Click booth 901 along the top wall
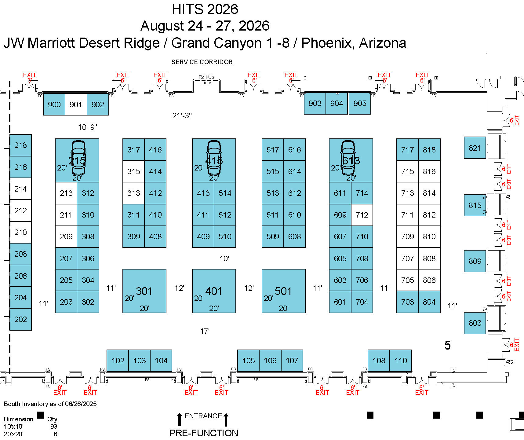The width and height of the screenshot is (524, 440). (76, 105)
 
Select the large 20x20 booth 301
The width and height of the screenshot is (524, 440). (144, 291)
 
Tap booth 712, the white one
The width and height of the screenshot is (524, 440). (362, 215)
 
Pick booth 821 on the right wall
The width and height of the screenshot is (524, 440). (475, 148)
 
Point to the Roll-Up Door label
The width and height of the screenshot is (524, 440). (206, 80)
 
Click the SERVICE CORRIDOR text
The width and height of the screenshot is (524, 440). (202, 62)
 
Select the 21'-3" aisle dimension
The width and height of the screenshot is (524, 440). (182, 116)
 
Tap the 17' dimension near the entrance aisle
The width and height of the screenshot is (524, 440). (205, 331)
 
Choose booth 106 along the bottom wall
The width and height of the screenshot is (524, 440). (270, 361)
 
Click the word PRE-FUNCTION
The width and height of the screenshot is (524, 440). (204, 433)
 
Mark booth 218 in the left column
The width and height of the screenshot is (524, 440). (20, 145)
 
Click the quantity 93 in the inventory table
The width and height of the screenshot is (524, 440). (54, 427)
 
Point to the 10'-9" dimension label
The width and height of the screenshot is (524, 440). (87, 127)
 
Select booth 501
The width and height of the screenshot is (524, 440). (283, 291)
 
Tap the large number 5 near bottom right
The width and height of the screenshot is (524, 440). (447, 345)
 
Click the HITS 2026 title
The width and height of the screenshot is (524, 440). (205, 9)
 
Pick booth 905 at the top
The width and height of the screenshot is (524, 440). (360, 103)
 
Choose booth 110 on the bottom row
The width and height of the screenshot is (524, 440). (401, 361)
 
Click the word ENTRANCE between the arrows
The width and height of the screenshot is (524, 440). (203, 416)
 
